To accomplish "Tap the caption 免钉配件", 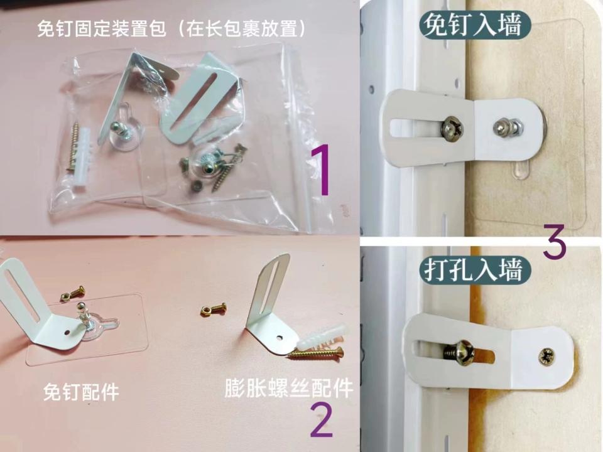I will coord(81,392).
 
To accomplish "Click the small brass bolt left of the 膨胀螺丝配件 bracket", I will coord(213,309).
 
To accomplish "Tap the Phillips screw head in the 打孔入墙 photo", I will coord(546,357).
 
